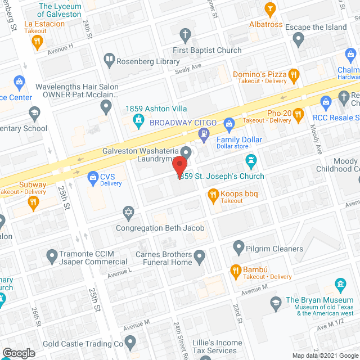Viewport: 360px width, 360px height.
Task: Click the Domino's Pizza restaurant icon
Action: (293, 74)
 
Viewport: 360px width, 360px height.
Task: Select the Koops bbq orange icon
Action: (213, 196)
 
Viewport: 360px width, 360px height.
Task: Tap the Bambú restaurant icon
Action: (236, 271)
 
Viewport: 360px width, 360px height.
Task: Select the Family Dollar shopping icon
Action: (229, 123)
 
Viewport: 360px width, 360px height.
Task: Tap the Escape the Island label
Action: (316, 28)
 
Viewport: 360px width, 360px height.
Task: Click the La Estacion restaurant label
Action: (44, 24)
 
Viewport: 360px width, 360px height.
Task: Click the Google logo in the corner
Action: (19, 353)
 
